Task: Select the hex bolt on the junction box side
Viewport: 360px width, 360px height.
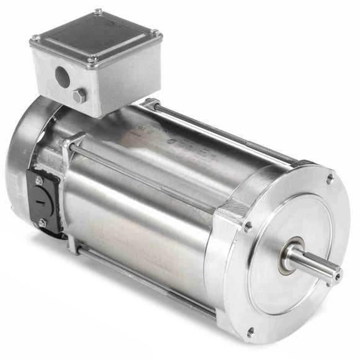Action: click(x=79, y=96)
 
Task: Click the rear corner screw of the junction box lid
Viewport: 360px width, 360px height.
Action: click(x=98, y=11)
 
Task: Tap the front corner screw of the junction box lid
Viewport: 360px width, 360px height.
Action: click(x=93, y=60)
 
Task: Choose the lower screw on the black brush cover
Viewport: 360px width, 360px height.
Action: click(x=43, y=223)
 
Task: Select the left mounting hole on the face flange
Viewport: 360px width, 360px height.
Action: click(x=248, y=228)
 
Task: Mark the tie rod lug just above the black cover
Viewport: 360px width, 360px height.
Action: click(x=73, y=147)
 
